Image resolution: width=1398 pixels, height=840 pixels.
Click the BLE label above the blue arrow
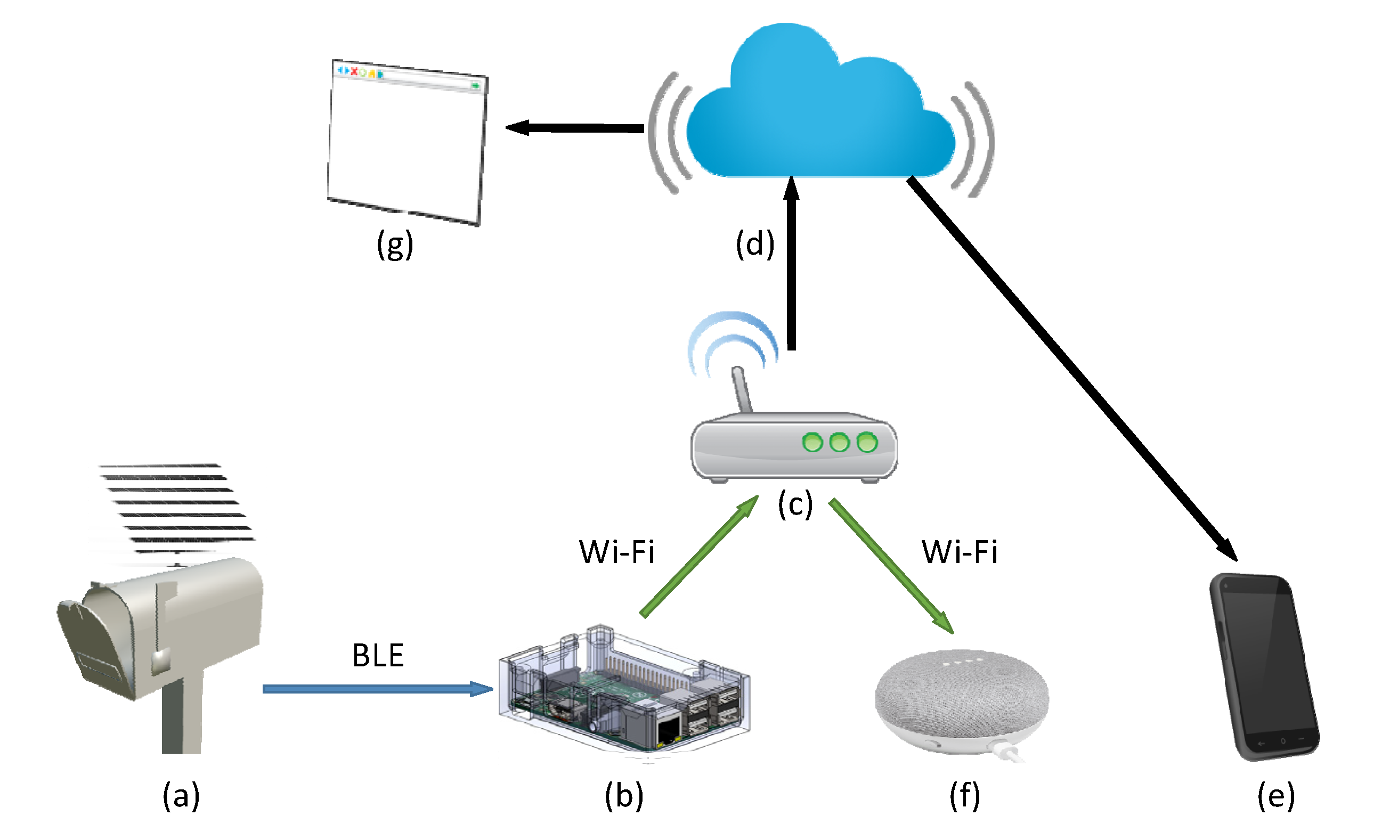pyautogui.click(x=378, y=656)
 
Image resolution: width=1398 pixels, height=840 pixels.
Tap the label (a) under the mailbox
pyautogui.click(x=181, y=796)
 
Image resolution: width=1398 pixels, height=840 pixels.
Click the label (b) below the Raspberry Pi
pyautogui.click(x=624, y=796)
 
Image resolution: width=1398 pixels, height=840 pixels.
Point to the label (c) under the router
pyautogui.click(x=795, y=504)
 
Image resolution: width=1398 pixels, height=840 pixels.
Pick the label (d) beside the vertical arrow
pyautogui.click(x=754, y=244)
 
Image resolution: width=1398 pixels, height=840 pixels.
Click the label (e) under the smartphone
pyautogui.click(x=1276, y=796)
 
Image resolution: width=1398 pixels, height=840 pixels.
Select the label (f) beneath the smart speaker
pyautogui.click(x=964, y=796)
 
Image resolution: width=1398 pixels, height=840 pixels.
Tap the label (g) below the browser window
pyautogui.click(x=395, y=244)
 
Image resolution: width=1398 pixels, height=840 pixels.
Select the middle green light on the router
pyautogui.click(x=839, y=442)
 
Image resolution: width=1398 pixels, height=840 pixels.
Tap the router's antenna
pyautogui.click(x=742, y=389)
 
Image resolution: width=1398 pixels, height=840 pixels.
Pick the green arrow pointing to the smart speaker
pyautogui.click(x=891, y=566)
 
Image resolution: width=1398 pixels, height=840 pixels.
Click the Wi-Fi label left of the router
pyautogui.click(x=616, y=552)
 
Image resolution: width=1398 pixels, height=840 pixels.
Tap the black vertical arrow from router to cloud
pyautogui.click(x=791, y=266)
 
